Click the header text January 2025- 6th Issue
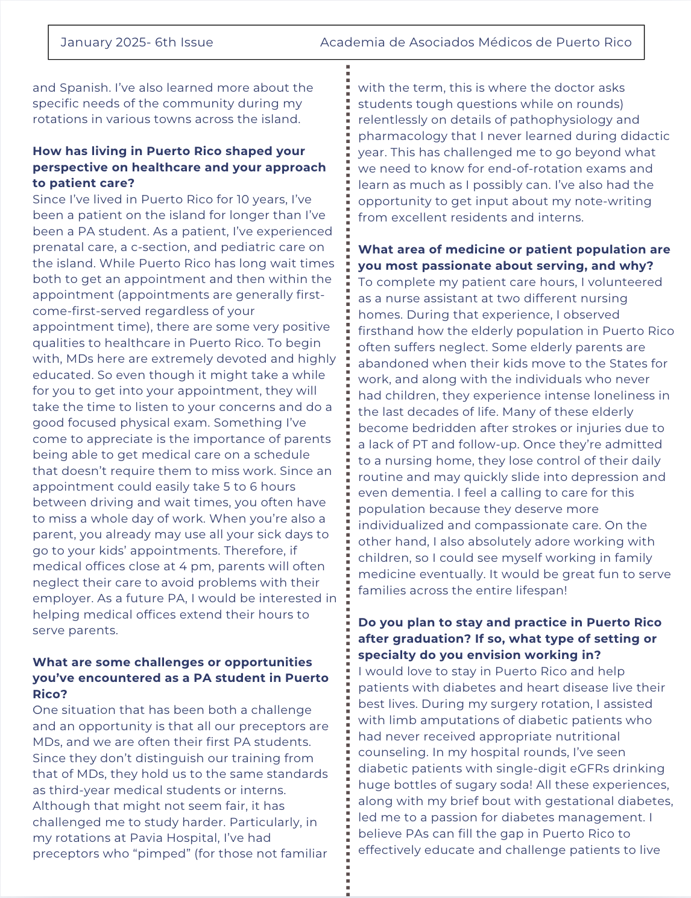point(137,42)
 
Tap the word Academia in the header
point(347,42)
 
